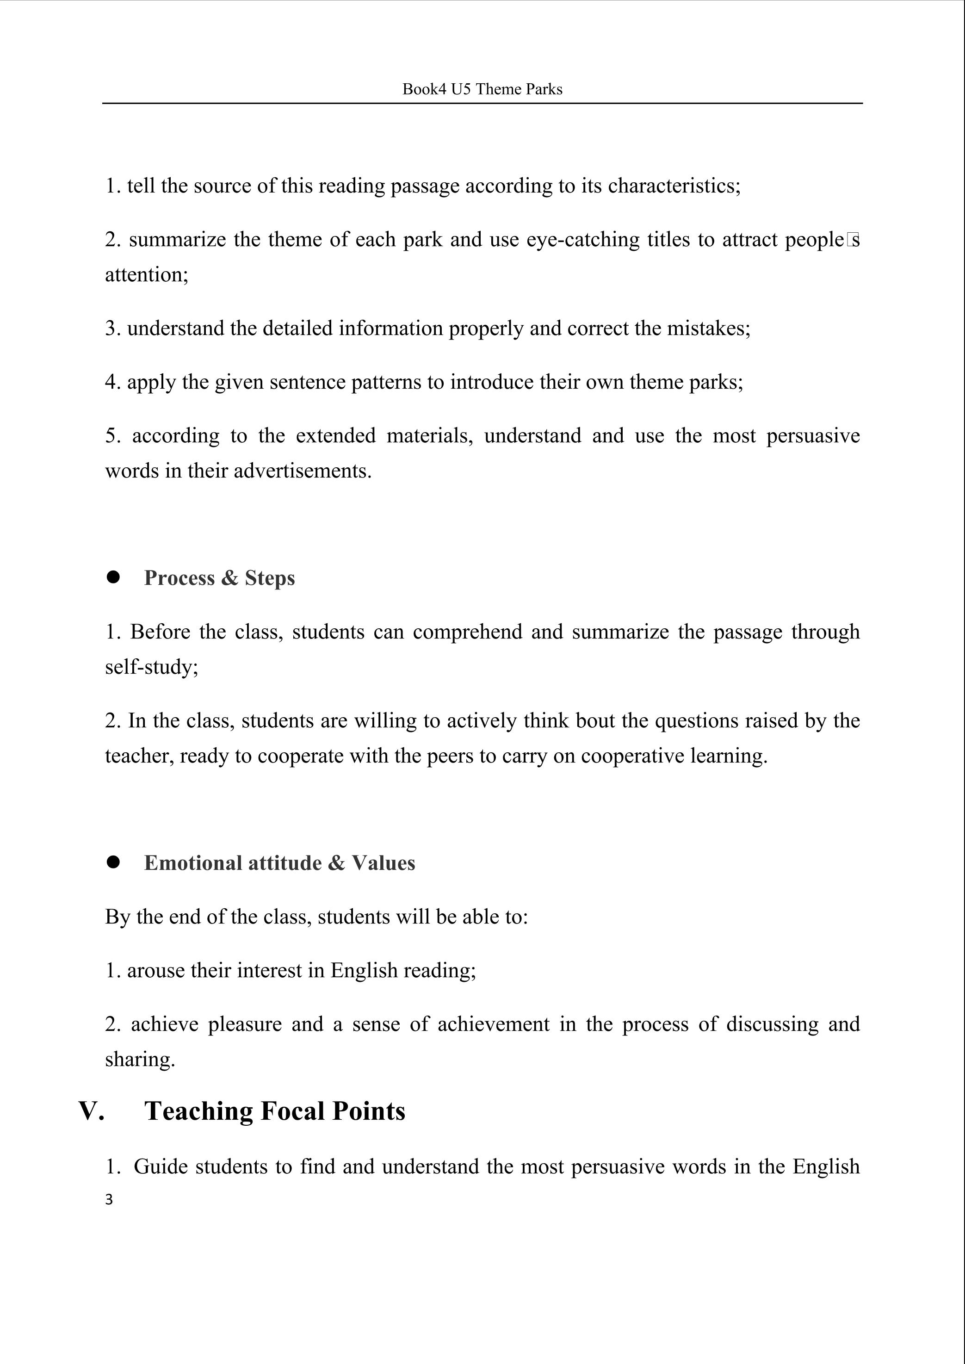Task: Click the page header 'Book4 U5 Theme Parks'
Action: pos(482,89)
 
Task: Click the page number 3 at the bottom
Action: pos(109,1199)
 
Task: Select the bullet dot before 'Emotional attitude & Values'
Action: pos(113,862)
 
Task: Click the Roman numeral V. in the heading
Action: pos(92,1111)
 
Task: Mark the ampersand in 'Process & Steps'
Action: pos(229,578)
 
